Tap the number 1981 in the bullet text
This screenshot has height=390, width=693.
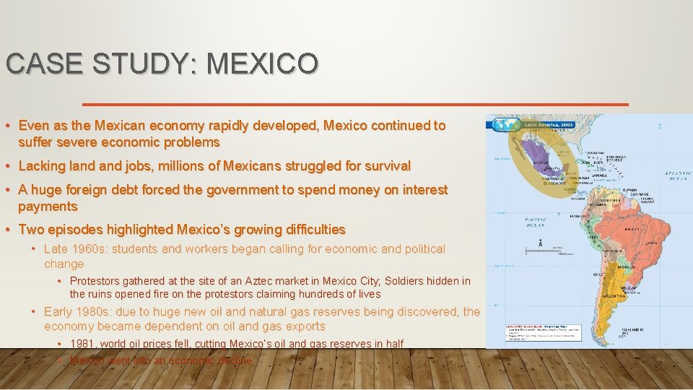83,344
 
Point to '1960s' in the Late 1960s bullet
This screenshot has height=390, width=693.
87,248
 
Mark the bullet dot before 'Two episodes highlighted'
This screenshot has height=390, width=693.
7,230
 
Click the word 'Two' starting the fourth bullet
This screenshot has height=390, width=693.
30,230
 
